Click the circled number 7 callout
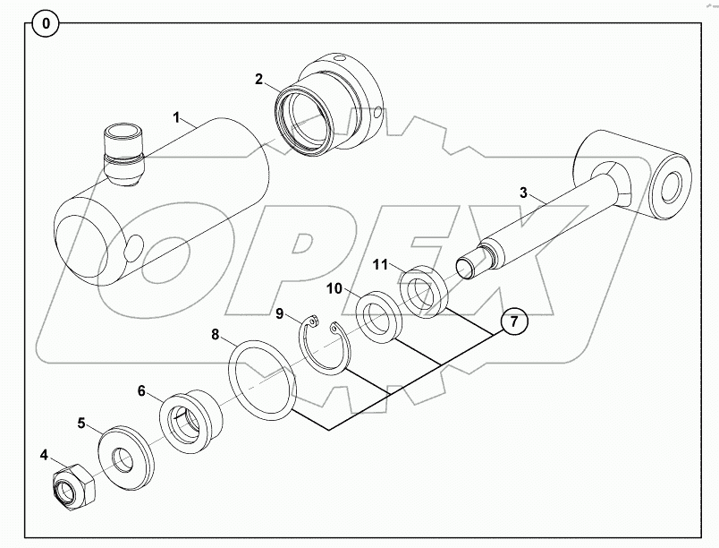513,321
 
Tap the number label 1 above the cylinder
177,117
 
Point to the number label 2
258,79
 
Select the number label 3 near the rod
525,192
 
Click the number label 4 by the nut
44,454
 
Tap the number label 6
141,390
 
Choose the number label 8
216,336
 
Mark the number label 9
279,314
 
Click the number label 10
333,288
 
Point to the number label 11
379,264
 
